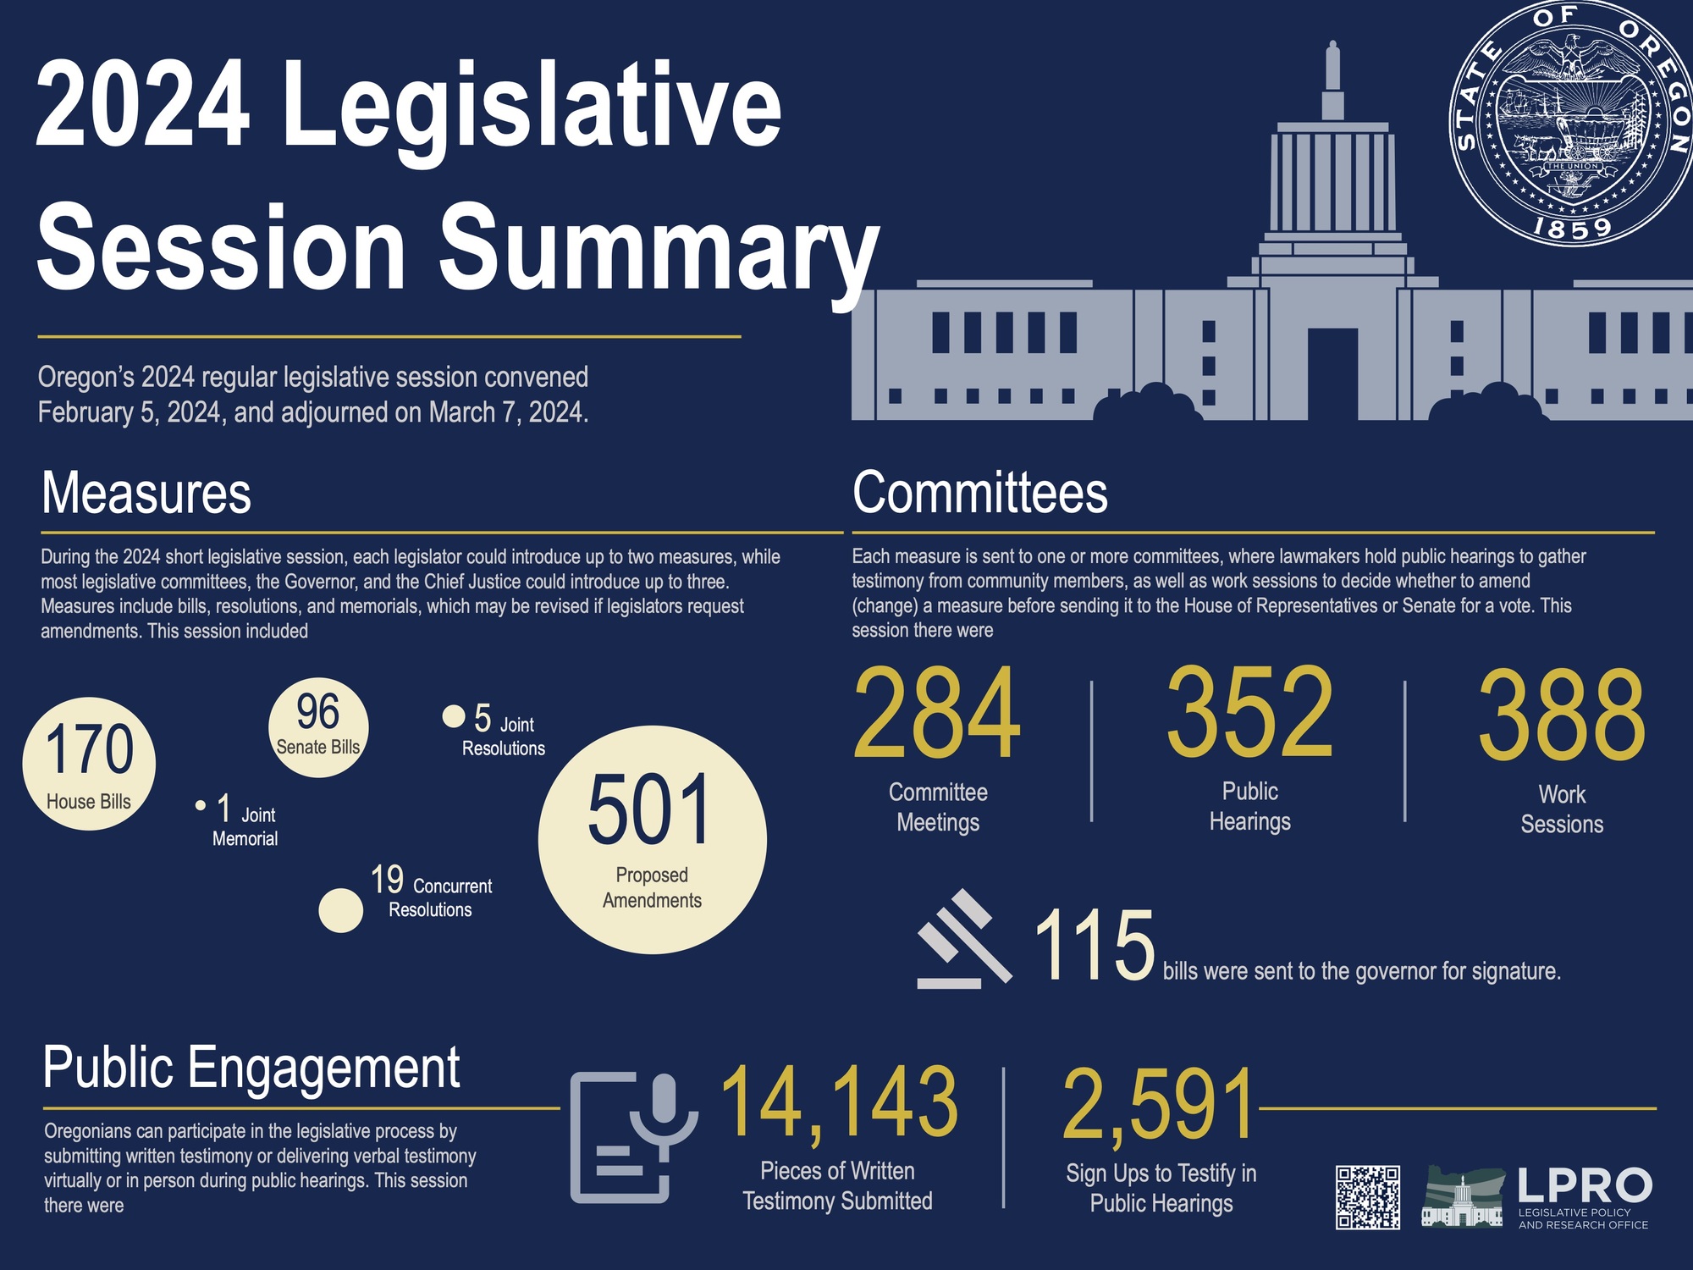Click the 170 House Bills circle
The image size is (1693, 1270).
click(89, 763)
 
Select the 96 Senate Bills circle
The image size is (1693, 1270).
click(318, 727)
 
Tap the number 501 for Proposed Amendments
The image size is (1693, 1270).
click(650, 810)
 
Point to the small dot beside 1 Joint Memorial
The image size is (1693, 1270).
click(201, 805)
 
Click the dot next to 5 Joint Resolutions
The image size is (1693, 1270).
click(454, 716)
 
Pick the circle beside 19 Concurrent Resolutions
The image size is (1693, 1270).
click(340, 910)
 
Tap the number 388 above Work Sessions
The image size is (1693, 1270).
click(1562, 715)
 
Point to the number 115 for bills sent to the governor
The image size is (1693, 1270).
click(1094, 946)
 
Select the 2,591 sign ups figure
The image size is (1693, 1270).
click(1159, 1105)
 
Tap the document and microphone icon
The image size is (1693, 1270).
click(632, 1137)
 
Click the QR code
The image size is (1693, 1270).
click(1367, 1197)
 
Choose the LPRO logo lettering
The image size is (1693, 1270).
click(1584, 1185)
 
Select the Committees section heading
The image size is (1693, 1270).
click(979, 493)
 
